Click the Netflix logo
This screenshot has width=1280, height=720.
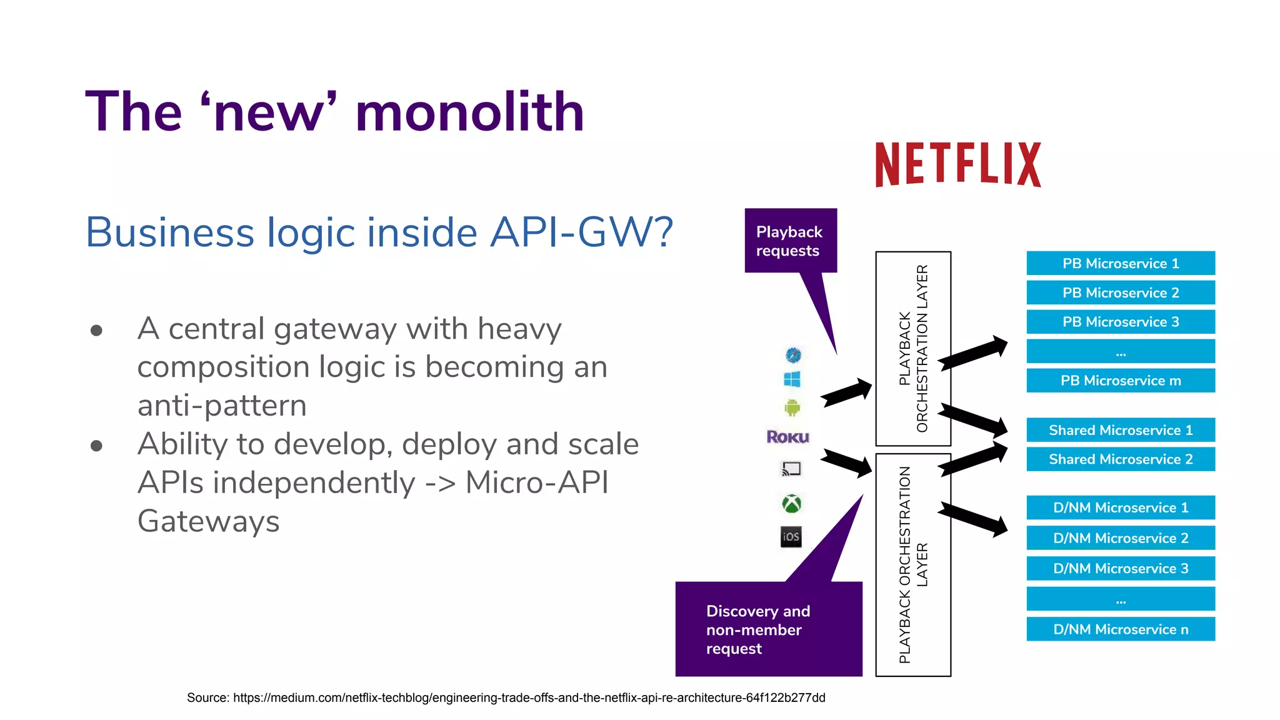[957, 164]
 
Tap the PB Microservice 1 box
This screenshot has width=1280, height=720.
[1120, 263]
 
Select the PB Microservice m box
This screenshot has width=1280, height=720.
[1120, 381]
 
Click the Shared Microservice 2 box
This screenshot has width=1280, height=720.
[1120, 459]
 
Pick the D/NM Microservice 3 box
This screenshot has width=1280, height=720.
[1120, 569]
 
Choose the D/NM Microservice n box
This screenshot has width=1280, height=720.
[1120, 629]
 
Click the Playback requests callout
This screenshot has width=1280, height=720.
[790, 241]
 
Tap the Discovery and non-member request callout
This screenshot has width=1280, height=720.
[768, 629]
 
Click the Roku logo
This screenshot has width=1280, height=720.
[787, 437]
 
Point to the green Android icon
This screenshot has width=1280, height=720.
[792, 408]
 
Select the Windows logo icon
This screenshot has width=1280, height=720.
[792, 379]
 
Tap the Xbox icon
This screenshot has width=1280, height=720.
[792, 503]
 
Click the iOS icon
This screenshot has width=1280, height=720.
[791, 537]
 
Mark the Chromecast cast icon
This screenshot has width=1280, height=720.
[791, 469]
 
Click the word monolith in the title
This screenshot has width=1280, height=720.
[469, 112]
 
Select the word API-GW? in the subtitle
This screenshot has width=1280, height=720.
[581, 232]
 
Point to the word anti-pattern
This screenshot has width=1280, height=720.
[222, 406]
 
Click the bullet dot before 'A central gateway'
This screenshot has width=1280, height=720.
[96, 330]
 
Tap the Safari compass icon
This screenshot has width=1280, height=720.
[793, 355]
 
